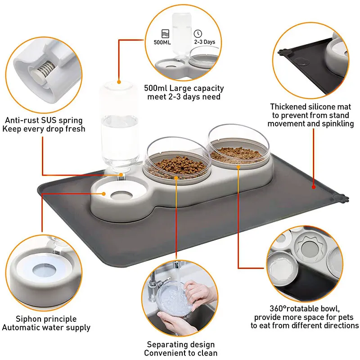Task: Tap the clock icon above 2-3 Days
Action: pos(198,33)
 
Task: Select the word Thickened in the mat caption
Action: pos(288,107)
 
